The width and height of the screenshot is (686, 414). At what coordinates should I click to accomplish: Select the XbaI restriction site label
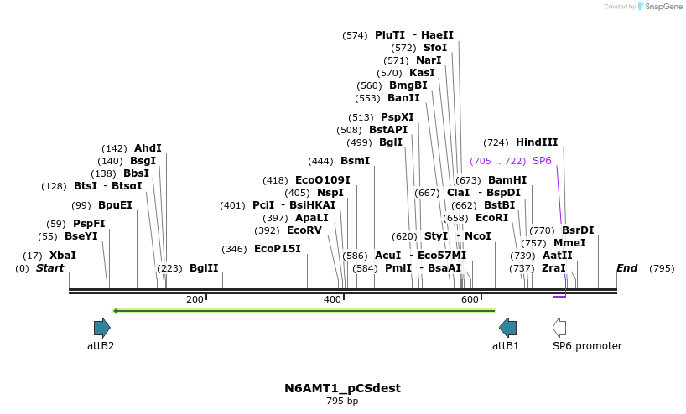(62, 255)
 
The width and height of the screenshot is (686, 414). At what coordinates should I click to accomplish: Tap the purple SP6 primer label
(542, 160)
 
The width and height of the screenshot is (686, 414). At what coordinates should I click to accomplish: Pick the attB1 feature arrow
(508, 328)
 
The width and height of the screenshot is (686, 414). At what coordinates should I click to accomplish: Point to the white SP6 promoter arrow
(559, 328)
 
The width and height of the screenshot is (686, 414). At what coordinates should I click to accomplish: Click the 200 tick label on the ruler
(195, 299)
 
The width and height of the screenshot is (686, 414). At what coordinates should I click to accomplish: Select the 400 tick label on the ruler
(332, 299)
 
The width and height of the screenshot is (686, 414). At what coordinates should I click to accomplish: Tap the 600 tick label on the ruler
(470, 299)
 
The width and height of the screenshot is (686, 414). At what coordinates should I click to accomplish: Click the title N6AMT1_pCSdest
(342, 388)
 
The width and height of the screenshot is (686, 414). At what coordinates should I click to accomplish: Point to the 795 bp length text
(342, 401)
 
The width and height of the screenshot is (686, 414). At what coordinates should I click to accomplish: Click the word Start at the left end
(49, 268)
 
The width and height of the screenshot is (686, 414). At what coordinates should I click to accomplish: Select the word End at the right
(627, 268)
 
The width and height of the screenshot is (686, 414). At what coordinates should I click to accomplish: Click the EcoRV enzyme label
(304, 230)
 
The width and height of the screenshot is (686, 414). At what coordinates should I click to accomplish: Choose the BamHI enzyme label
(507, 180)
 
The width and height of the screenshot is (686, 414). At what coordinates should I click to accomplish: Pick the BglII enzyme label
(203, 268)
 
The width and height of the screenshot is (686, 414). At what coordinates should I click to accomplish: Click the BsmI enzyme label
(355, 161)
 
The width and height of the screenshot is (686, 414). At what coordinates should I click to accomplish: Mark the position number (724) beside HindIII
(495, 142)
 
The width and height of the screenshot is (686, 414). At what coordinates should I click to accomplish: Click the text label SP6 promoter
(587, 345)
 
